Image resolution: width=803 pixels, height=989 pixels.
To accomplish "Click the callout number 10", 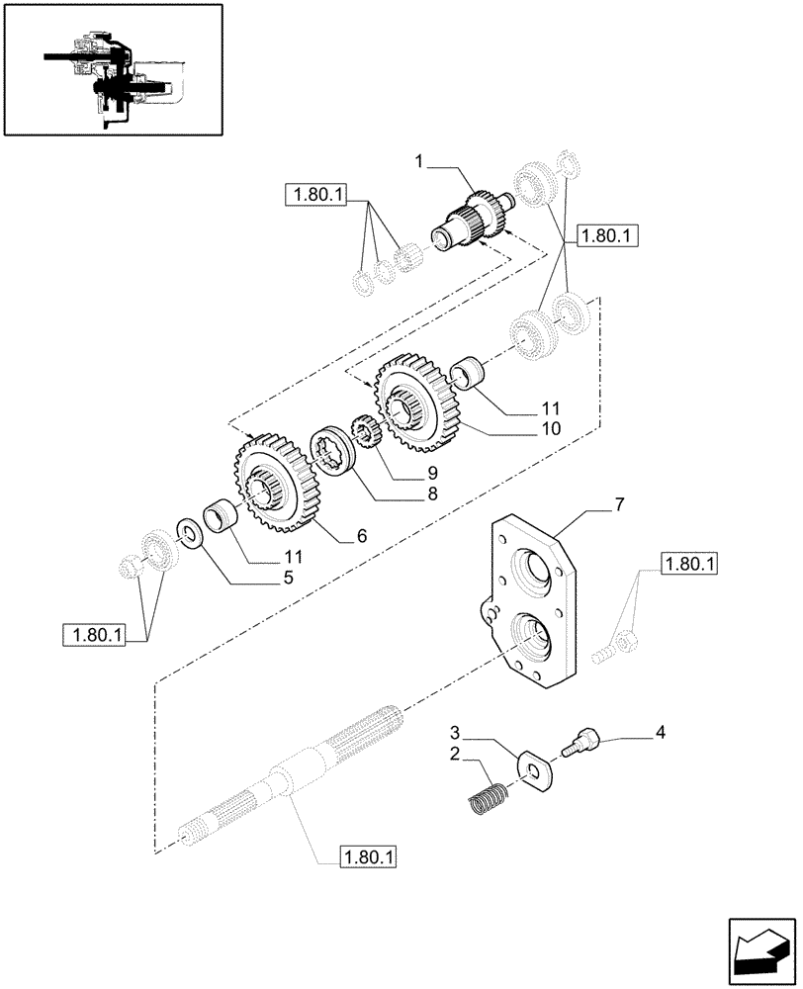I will coord(551,429).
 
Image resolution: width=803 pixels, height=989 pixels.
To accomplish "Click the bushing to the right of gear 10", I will coord(468,374).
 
